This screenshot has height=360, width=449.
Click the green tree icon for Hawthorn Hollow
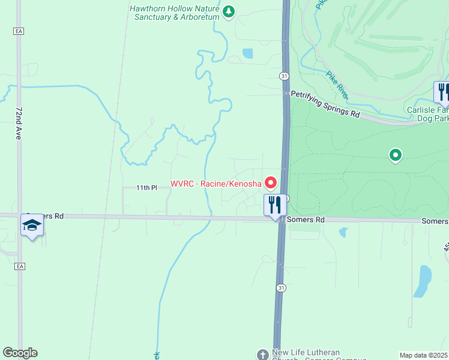228,11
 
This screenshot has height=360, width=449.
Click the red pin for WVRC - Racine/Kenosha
271,182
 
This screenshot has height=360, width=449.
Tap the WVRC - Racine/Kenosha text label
216,183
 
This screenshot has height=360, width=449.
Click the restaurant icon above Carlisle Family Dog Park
442,92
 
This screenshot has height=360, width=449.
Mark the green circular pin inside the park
396,156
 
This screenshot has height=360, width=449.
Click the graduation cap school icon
32,225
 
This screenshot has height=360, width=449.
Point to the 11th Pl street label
146,188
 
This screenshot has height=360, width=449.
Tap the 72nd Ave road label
19,124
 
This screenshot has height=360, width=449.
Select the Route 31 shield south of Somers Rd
280,288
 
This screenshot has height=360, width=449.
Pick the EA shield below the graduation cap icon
20,266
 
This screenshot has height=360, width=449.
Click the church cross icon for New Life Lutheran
262,355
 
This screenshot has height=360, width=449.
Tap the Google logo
20,353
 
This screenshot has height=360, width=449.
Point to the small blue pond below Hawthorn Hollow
247,53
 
